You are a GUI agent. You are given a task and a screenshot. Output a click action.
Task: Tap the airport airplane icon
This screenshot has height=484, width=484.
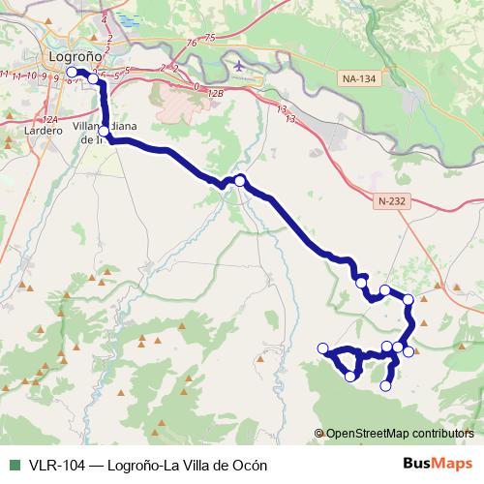tap(239, 66)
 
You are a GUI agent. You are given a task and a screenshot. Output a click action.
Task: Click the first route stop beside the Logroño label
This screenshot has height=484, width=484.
tap(72, 73)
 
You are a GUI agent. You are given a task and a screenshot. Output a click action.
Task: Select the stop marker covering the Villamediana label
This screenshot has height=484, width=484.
tap(105, 131)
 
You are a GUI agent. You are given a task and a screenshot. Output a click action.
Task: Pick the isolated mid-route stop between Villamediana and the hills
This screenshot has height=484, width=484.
tap(239, 181)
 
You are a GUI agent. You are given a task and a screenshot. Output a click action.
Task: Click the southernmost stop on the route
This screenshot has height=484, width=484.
tap(385, 385)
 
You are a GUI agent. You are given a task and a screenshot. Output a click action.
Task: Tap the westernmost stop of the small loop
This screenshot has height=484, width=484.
tap(323, 348)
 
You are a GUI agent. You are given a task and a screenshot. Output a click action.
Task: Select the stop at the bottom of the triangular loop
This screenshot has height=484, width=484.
tap(350, 376)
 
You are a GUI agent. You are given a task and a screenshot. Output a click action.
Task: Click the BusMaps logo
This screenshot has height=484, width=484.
tap(439, 464)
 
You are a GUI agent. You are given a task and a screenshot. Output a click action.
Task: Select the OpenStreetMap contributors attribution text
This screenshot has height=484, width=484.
tap(400, 434)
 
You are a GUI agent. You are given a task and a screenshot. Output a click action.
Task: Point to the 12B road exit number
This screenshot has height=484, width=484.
tap(214, 94)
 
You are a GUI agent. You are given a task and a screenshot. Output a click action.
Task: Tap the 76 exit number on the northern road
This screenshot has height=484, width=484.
tap(197, 42)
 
